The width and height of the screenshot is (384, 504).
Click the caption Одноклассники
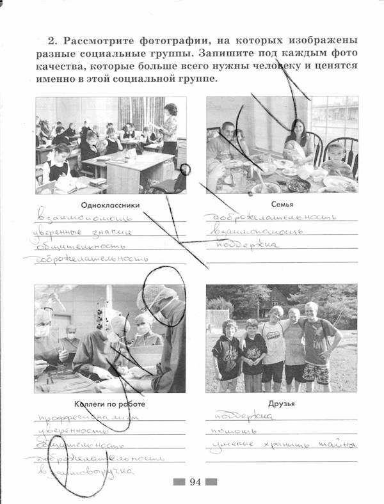coord(111,205)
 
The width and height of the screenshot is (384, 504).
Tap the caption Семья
coord(282,205)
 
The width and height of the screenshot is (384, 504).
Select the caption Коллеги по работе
coord(109,404)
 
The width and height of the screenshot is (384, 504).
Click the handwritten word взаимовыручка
coord(86,472)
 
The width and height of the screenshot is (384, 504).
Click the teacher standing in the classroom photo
coord(170,128)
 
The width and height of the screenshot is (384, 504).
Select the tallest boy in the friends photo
coord(316,342)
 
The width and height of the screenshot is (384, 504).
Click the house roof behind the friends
coord(277,297)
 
